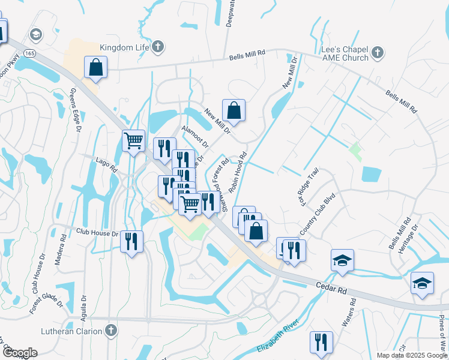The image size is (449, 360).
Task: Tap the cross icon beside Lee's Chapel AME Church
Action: point(377,53)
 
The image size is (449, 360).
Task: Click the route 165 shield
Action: point(30,53)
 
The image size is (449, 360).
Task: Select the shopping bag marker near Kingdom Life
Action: point(96,68)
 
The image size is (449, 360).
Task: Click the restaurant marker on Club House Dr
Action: point(131,242)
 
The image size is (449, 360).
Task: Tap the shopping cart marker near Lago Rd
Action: point(134,141)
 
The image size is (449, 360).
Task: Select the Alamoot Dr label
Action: point(196,137)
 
